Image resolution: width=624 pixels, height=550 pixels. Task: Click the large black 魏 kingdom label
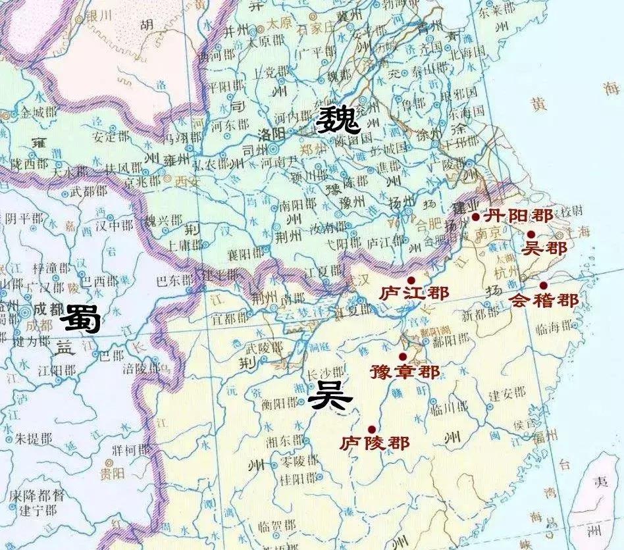point(338,120)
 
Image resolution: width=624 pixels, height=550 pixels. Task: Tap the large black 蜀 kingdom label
point(80,321)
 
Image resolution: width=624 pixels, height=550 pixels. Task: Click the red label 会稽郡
point(544,301)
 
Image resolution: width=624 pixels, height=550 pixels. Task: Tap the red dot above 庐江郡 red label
point(411,280)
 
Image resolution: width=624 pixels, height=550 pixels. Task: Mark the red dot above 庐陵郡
point(372,429)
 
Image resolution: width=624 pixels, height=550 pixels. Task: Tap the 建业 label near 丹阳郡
point(466,209)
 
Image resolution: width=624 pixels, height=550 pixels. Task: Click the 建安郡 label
point(507,393)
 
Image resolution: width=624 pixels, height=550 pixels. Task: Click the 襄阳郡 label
point(245,252)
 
